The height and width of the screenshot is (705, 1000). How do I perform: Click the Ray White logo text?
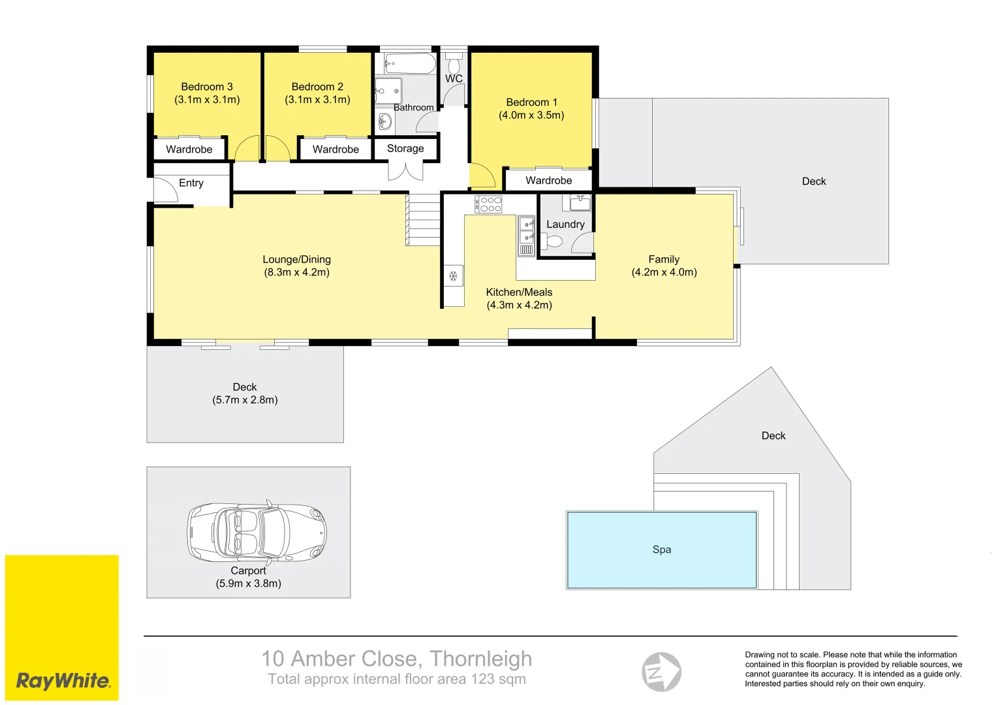63,681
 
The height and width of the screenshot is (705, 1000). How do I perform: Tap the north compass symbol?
661,672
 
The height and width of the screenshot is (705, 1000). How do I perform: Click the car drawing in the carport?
257,531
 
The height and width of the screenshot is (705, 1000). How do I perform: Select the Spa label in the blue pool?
661,550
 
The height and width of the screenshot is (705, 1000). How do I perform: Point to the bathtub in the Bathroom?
409,64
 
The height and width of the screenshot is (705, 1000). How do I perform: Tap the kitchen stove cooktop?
488,204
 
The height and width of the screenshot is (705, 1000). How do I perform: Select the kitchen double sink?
526,230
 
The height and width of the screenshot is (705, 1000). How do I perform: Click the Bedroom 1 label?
531,102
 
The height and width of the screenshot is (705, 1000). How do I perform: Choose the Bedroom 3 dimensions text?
207,100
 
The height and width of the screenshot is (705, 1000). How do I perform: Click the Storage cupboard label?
405,149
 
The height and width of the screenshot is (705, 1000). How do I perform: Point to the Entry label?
191,183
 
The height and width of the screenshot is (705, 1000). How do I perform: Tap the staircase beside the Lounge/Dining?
424,219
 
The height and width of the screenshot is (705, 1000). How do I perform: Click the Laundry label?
565,225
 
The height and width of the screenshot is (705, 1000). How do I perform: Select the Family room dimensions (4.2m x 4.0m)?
664,272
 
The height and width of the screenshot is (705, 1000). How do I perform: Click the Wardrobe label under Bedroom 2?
336,149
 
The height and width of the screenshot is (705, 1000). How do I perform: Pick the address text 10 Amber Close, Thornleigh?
397,659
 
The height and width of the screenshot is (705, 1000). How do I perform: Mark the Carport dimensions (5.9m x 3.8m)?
248,584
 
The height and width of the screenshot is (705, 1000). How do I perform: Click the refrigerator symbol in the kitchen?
453,276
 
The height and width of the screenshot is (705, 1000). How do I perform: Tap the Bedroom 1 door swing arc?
482,175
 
